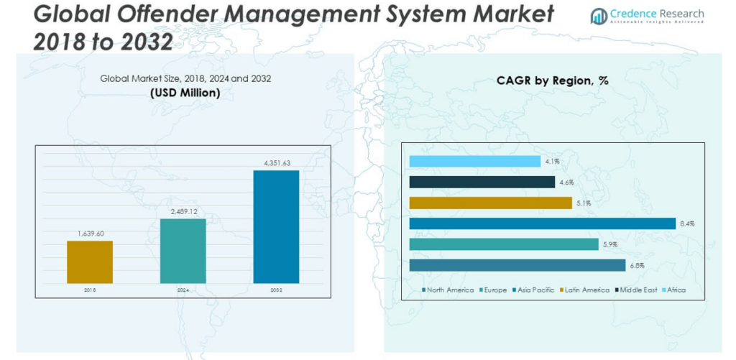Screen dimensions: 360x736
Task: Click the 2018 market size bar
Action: click(90, 262)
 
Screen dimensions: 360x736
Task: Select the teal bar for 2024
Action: click(183, 251)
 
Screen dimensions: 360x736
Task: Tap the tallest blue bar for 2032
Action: click(276, 227)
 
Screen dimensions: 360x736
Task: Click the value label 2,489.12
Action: click(183, 212)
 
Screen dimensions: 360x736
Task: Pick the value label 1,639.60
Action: click(90, 234)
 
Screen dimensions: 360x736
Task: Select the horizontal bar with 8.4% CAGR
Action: click(542, 223)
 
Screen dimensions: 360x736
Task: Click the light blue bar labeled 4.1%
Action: click(474, 162)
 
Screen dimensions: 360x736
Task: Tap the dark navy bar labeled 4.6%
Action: click(482, 183)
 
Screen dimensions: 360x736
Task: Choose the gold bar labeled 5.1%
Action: click(490, 203)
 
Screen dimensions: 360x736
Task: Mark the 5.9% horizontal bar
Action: click(503, 244)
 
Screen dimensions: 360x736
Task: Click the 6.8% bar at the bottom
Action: click(517, 265)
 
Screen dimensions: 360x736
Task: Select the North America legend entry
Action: click(448, 290)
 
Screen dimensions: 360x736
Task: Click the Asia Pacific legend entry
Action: click(533, 290)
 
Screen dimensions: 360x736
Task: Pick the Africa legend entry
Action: click(673, 290)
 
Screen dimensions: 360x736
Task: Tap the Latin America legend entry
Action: click(584, 290)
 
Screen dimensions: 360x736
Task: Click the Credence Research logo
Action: click(646, 16)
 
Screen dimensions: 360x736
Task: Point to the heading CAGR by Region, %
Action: click(552, 80)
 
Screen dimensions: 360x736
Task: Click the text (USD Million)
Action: click(185, 93)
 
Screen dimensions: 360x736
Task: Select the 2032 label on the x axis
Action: click(276, 290)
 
